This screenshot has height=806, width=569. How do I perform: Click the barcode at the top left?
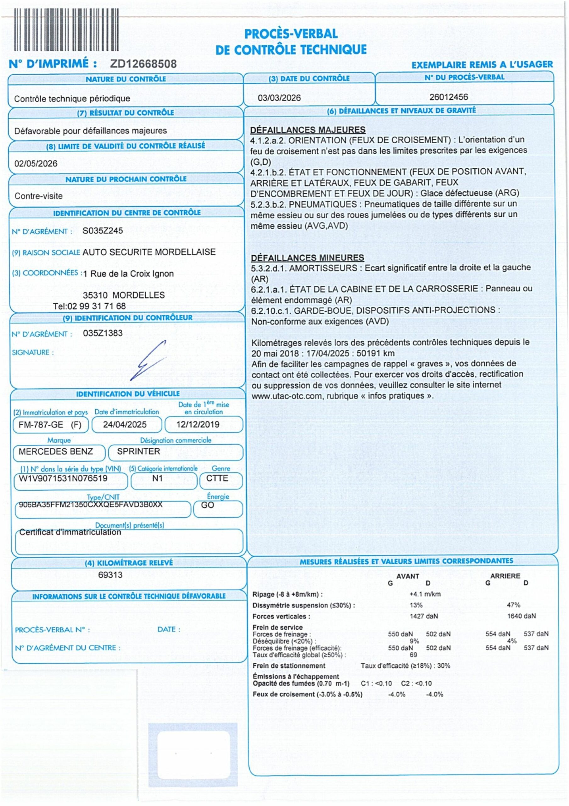click(66, 30)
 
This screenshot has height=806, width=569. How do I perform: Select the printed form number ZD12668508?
click(143, 64)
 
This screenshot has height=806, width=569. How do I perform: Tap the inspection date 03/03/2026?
click(279, 98)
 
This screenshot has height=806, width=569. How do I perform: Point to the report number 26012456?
click(449, 97)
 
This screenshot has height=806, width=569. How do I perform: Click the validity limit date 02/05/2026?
click(36, 164)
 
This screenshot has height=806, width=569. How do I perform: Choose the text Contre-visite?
click(39, 196)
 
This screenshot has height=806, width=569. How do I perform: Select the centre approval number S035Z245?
click(103, 231)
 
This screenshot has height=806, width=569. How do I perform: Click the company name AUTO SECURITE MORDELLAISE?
click(149, 252)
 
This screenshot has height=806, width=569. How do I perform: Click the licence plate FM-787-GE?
click(41, 425)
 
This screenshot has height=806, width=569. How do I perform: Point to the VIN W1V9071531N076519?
click(63, 479)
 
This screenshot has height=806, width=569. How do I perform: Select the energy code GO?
click(207, 505)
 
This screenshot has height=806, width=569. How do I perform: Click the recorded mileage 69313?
click(110, 575)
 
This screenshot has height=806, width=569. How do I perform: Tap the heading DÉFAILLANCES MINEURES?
click(307, 258)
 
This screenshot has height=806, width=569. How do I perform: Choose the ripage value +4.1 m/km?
click(425, 594)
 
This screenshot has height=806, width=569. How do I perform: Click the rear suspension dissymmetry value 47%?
click(513, 605)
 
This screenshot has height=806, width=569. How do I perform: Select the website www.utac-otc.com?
click(287, 396)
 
